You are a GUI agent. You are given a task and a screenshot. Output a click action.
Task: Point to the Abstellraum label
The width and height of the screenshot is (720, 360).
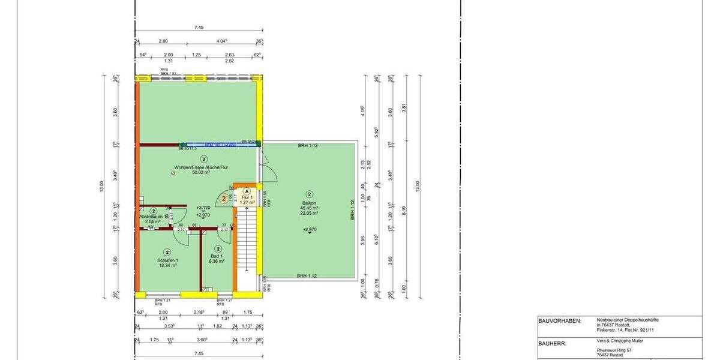click(152, 217)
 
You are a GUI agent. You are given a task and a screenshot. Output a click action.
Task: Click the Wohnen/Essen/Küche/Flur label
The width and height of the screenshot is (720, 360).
click(204, 167)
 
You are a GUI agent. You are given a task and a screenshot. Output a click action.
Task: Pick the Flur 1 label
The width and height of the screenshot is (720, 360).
click(248, 197)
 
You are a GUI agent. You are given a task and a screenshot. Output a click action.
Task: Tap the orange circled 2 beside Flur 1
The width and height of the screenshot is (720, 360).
click(224, 197)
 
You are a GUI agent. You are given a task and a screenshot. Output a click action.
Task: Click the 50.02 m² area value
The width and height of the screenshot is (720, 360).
click(200, 173)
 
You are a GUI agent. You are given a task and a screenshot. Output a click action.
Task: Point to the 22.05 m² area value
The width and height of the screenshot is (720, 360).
click(310, 213)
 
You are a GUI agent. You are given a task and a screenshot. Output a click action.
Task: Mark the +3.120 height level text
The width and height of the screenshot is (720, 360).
click(203, 208)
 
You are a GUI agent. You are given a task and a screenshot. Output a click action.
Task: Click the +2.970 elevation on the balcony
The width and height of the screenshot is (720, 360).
click(310, 229)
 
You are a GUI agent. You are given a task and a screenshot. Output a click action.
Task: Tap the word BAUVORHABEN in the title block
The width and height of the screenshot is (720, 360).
click(559, 321)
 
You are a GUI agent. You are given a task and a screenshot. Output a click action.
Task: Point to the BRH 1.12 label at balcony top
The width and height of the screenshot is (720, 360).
click(309, 146)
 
